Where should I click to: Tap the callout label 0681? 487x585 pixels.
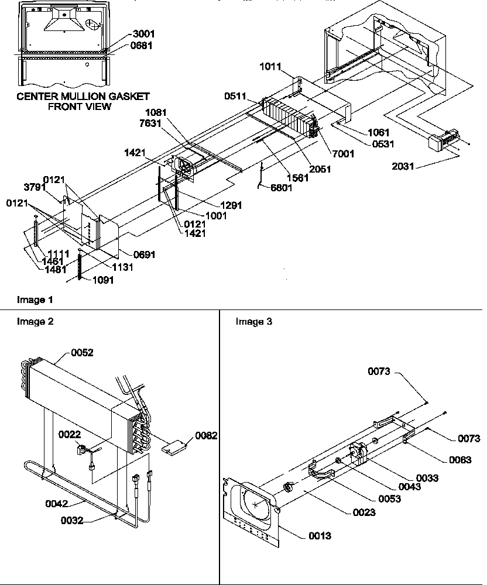(x=143, y=46)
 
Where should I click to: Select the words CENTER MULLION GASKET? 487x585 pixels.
(x=83, y=96)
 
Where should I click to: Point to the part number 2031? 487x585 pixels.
(x=404, y=167)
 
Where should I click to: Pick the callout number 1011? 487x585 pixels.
(x=270, y=68)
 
